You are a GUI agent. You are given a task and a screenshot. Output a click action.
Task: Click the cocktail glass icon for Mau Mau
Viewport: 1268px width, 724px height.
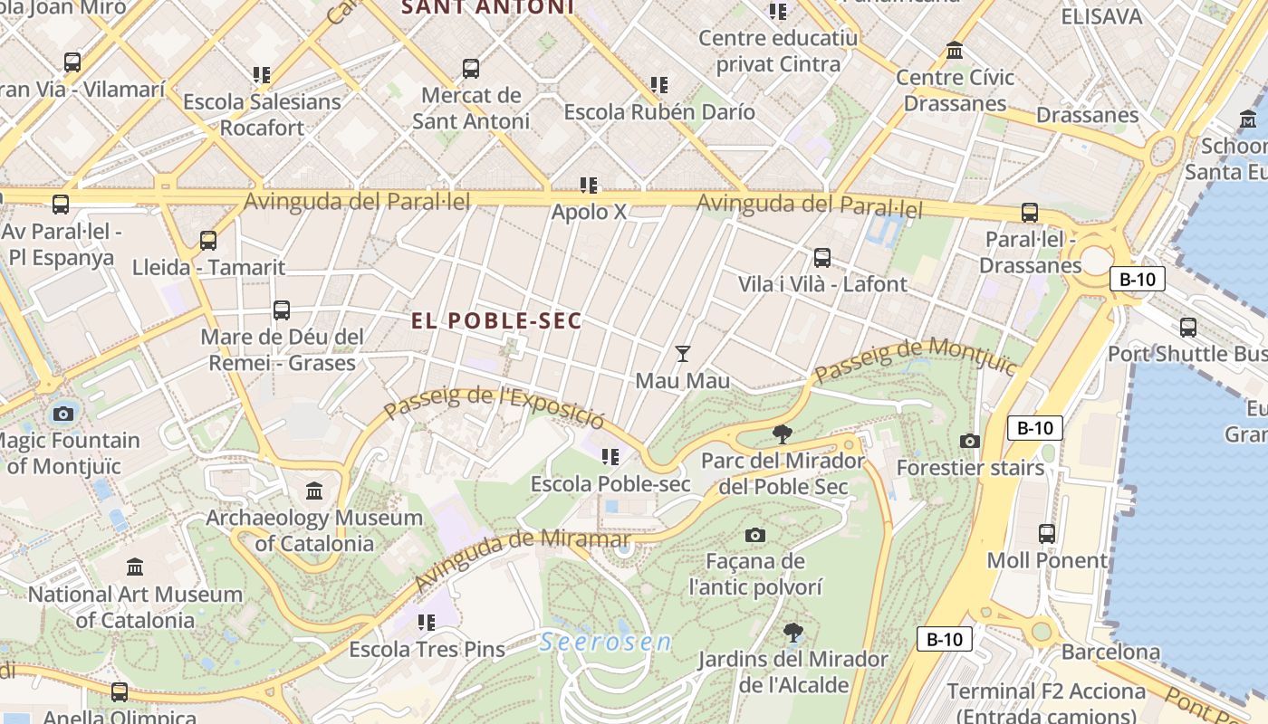(683, 354)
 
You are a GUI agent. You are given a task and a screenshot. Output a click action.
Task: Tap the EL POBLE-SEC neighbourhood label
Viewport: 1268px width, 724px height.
(496, 321)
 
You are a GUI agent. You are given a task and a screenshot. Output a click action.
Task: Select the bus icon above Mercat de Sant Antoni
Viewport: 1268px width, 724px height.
(470, 69)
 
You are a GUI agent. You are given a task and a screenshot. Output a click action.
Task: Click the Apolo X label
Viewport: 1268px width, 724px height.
(589, 213)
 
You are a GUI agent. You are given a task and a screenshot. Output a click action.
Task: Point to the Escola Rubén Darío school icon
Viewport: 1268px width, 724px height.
(659, 85)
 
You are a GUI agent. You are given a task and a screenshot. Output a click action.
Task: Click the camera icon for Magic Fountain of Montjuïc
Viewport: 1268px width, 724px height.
(62, 414)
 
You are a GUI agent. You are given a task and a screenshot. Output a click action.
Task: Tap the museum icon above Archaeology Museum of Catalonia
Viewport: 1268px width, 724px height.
(314, 491)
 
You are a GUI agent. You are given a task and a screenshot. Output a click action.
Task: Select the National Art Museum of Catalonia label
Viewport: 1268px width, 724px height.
(135, 607)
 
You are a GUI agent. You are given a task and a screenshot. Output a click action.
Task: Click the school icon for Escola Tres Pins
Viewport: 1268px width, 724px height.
(427, 623)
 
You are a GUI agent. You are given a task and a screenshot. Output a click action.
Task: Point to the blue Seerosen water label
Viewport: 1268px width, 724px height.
(605, 643)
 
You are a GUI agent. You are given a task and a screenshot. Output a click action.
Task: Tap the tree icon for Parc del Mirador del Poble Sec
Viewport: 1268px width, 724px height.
(783, 434)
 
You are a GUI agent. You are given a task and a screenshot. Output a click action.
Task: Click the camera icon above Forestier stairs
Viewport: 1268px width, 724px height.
(970, 442)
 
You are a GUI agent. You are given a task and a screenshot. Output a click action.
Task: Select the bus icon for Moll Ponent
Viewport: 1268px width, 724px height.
(1047, 534)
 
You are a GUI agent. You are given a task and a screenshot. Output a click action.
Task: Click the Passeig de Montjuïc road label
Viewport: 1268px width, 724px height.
(915, 360)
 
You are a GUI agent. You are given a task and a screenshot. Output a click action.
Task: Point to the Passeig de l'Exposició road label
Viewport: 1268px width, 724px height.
(494, 408)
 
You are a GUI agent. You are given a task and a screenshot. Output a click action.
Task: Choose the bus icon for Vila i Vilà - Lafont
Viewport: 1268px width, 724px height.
(822, 258)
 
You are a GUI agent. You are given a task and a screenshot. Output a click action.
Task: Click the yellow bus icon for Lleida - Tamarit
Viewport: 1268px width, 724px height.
(208, 241)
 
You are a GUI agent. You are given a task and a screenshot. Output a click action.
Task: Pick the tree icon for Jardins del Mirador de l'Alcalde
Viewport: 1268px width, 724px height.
(793, 632)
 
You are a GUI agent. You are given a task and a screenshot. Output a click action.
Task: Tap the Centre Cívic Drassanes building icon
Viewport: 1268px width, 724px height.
(955, 51)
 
